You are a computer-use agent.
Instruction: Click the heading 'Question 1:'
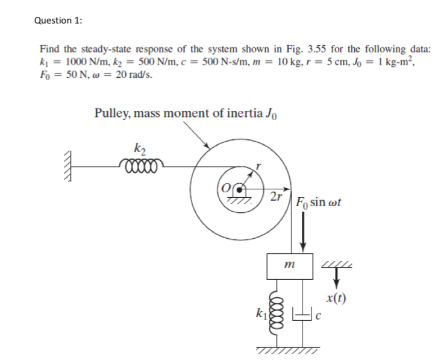click(x=59, y=20)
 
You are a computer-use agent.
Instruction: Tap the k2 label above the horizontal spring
click(x=138, y=147)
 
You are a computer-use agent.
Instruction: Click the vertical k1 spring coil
click(x=278, y=311)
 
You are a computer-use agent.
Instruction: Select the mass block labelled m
click(x=289, y=266)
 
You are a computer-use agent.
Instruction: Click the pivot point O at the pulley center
click(x=242, y=189)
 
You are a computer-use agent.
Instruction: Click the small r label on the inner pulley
click(x=258, y=166)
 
